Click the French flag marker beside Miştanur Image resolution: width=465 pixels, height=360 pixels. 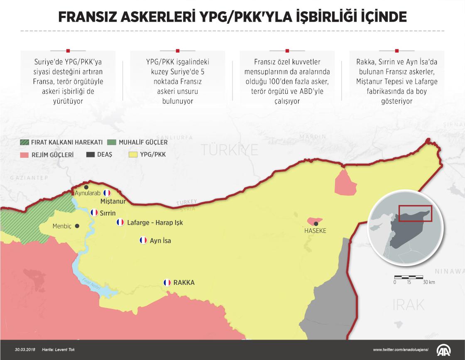coord(107,193)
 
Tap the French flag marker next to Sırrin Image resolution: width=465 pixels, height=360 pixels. coord(94,213)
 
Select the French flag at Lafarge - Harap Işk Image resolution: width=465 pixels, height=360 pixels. coord(120,223)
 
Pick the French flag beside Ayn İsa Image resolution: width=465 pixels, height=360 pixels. coord(143,240)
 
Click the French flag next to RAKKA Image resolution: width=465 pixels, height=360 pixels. coord(167,283)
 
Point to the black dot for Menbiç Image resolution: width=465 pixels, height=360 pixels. coord(77,226)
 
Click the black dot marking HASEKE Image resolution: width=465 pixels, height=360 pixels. coord(316,223)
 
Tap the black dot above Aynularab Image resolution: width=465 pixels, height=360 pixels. coord(86,187)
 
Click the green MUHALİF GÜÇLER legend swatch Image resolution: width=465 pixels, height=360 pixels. coord(112,142)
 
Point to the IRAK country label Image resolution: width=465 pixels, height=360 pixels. coord(409,304)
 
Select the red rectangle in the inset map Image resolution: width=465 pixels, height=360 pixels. coord(415,213)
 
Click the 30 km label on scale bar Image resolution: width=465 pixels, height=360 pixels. coord(428,282)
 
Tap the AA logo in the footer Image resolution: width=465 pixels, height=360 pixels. coord(445,350)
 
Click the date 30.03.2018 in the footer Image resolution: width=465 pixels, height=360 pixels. coord(25,350)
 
